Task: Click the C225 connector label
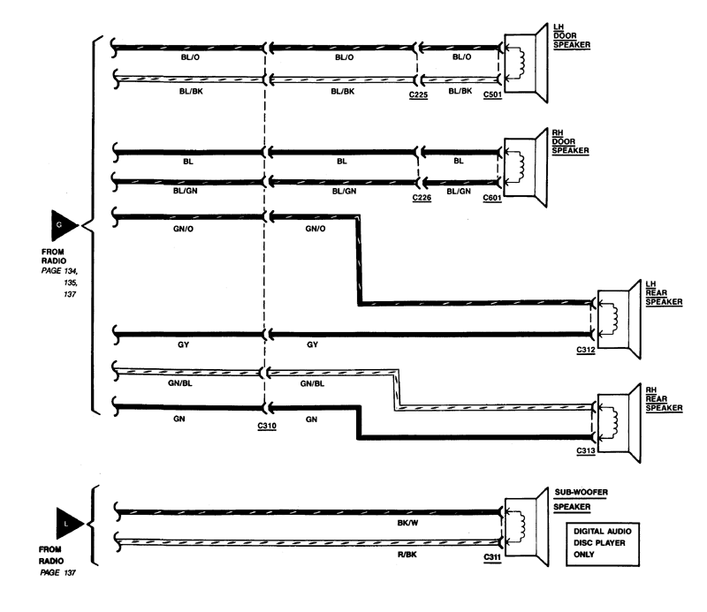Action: (418, 95)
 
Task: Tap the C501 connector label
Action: (492, 95)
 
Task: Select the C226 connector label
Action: (422, 198)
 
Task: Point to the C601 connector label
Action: (492, 199)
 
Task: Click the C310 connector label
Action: (267, 426)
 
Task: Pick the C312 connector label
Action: (586, 350)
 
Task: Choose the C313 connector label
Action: (586, 450)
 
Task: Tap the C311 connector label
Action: (492, 557)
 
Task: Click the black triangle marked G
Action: (63, 225)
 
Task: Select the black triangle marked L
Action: (68, 523)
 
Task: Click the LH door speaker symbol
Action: (526, 63)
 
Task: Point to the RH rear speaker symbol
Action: (619, 423)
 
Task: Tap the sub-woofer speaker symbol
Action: (526, 526)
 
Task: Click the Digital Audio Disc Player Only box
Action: (603, 544)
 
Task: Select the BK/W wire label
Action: (407, 523)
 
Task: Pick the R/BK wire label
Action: (407, 555)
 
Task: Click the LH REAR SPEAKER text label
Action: (664, 293)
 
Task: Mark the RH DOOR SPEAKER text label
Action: (570, 141)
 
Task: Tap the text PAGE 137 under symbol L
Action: (57, 573)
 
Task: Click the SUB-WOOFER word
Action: (582, 492)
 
